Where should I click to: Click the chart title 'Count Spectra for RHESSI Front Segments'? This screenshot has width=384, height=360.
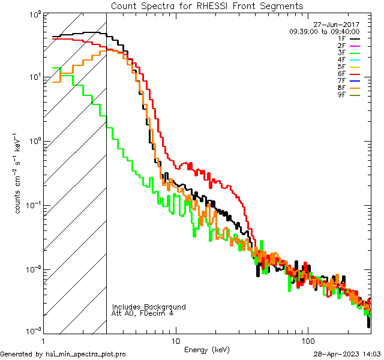pos(207,5)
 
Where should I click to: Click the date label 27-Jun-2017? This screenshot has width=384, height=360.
pos(339,25)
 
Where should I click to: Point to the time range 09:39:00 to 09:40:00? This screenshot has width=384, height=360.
pos(324,32)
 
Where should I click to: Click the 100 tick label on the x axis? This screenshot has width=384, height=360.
pos(308,340)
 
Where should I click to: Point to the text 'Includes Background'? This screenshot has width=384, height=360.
pos(149,307)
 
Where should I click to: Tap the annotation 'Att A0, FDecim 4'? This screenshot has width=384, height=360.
pos(143,313)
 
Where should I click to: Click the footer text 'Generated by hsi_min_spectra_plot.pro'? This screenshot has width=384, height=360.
pos(63,354)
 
